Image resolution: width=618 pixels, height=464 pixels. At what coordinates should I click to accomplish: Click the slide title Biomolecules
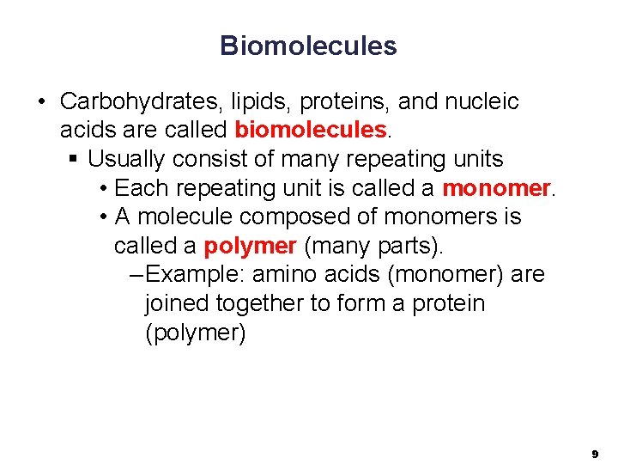(308, 46)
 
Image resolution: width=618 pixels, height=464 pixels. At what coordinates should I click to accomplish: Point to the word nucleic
(482, 102)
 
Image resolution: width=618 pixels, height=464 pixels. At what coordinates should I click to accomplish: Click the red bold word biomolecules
(311, 131)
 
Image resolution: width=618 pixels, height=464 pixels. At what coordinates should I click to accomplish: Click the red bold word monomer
(496, 188)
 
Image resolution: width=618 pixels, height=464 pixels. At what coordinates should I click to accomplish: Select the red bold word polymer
(250, 247)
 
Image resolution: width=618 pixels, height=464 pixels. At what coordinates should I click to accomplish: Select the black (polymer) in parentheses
(196, 333)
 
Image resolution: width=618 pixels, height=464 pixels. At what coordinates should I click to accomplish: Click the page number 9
(594, 452)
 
